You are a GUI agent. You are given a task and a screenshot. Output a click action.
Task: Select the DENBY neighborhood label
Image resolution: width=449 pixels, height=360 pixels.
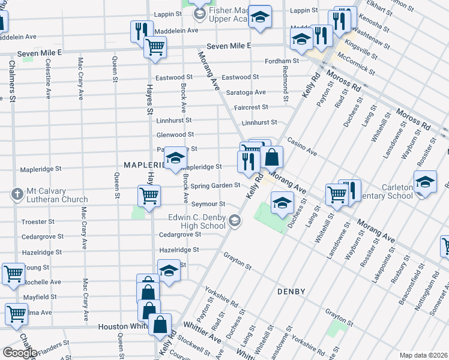coord(291,292)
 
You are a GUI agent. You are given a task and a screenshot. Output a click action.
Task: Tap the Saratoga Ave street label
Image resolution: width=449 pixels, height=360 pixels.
coord(246,92)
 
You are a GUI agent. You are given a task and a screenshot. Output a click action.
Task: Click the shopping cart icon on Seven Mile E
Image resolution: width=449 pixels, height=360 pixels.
coord(155,47)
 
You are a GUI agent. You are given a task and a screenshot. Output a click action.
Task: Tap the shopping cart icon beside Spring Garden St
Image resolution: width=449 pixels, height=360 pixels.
coord(149,194)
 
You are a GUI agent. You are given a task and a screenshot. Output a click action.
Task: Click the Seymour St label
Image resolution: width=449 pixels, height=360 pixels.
coord(208,205)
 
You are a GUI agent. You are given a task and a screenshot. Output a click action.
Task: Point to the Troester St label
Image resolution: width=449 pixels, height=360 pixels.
coord(38,222)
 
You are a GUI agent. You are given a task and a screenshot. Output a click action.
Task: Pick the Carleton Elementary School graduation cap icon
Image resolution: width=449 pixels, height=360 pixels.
coord(424,181)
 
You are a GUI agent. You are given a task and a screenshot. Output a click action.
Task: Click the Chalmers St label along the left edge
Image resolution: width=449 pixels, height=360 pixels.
coord(11,81)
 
